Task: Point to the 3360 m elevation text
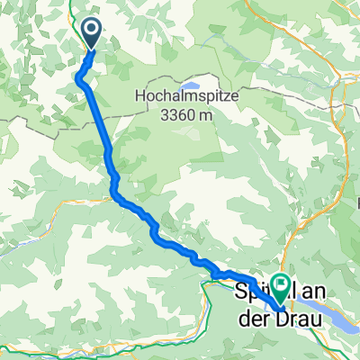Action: [x=187, y=113]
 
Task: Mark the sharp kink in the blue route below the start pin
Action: [x=80, y=78]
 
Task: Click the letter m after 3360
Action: [x=211, y=113]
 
